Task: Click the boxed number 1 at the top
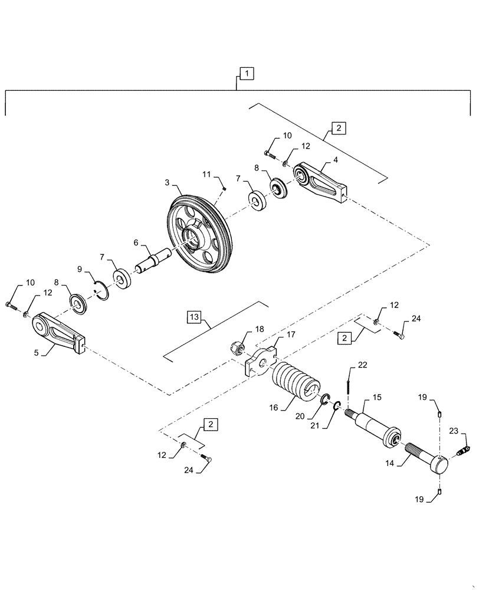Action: (247, 73)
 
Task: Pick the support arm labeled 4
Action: (321, 181)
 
